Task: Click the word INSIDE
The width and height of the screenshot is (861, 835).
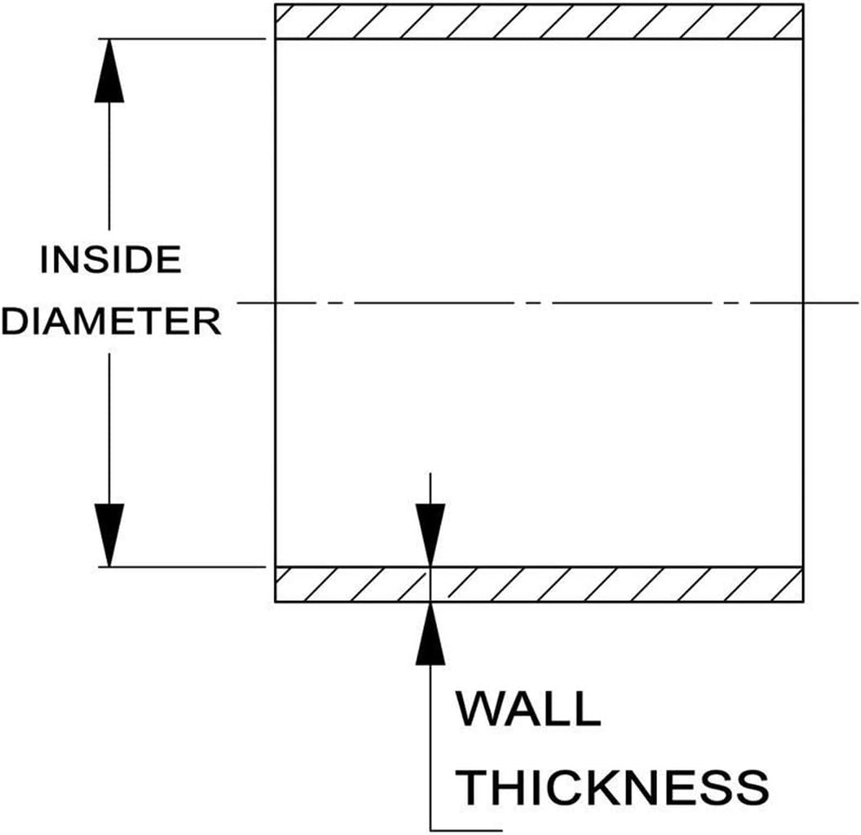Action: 110,260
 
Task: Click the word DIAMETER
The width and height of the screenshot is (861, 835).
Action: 112,321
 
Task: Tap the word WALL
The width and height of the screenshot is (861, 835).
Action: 528,709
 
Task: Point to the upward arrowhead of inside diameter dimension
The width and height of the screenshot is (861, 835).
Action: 109,71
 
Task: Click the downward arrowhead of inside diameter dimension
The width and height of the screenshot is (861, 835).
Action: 109,534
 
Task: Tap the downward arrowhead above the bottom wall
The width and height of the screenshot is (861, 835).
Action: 430,534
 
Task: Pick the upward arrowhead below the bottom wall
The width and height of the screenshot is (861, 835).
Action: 430,634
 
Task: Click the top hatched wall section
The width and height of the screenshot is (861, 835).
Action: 539,21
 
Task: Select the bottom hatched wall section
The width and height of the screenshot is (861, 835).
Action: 539,585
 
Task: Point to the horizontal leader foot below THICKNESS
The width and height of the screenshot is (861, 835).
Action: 466,830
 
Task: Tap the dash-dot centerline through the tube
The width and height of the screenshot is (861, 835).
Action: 547,303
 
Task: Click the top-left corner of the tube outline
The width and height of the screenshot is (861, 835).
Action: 275,4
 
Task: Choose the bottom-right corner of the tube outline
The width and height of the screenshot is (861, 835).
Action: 803,603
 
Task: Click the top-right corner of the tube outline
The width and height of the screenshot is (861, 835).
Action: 803,4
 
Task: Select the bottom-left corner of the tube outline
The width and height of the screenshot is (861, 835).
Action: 275,603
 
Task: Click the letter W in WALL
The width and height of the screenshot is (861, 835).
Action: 479,709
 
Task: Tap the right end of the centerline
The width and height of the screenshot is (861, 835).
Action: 859,303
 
